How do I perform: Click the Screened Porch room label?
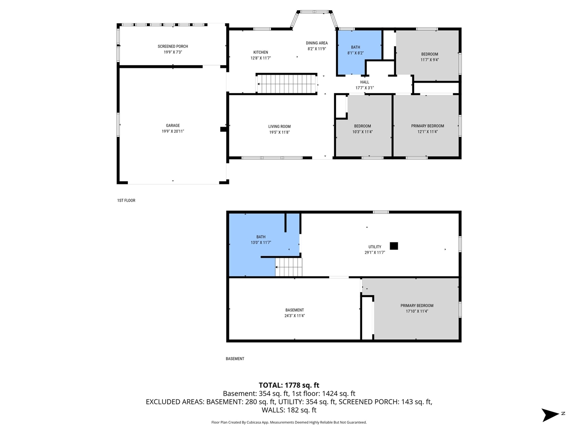172,46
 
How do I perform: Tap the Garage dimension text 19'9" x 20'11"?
172,132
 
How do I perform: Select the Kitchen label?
261,52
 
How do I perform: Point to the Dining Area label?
317,43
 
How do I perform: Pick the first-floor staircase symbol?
286,84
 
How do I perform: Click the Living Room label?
280,127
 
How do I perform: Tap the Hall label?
364,82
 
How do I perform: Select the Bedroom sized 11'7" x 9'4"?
429,57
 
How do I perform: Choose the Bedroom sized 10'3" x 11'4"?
363,129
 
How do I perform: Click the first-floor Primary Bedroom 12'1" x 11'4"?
427,129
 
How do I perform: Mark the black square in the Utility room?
394,246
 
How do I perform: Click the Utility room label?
374,247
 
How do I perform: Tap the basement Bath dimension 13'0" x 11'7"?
261,243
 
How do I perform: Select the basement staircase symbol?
289,267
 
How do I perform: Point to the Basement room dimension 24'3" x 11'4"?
294,316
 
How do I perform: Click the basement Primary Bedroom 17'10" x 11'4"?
416,308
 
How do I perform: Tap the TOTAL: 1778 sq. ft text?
289,385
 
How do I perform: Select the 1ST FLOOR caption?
126,200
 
